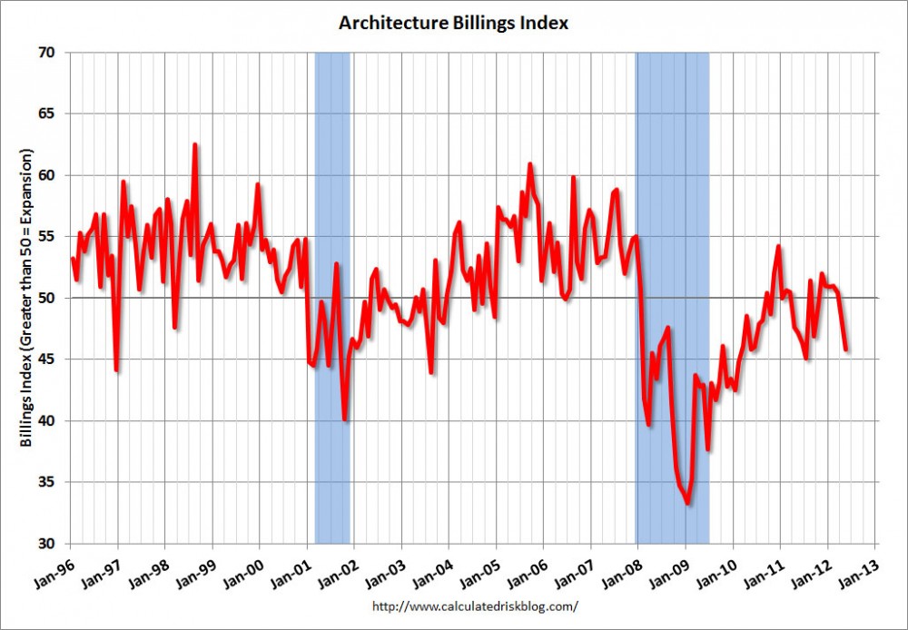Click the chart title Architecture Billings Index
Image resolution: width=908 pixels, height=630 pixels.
(x=453, y=23)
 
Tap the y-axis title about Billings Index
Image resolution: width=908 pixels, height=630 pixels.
(x=26, y=298)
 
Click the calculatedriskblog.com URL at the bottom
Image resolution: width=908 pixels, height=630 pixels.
(x=475, y=606)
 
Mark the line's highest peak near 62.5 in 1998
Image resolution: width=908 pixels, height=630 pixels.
(x=194, y=144)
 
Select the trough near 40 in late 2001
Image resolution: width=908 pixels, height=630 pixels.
(x=345, y=419)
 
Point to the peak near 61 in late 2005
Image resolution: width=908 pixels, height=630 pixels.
(x=529, y=164)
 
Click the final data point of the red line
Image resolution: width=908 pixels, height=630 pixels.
(x=846, y=349)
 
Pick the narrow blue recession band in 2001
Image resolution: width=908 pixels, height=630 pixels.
(x=332, y=298)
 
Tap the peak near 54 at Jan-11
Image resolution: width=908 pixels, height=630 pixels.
(x=778, y=246)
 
